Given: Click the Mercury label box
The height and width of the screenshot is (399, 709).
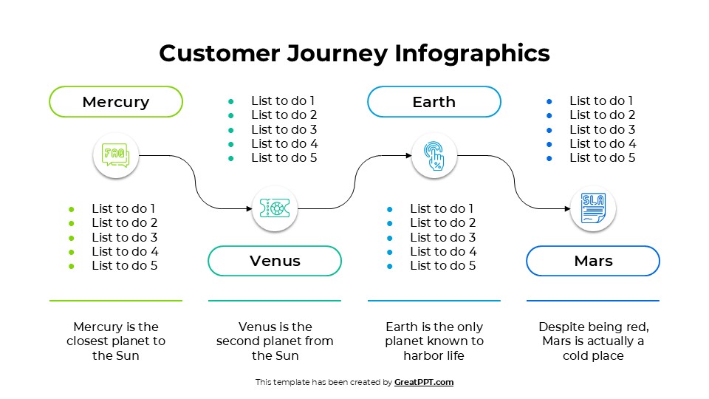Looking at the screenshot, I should pyautogui.click(x=116, y=102).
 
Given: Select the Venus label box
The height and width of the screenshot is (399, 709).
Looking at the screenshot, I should pyautogui.click(x=275, y=261).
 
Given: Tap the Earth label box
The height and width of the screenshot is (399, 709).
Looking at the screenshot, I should pyautogui.click(x=434, y=102).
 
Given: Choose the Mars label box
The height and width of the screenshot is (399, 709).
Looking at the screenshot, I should pyautogui.click(x=593, y=261).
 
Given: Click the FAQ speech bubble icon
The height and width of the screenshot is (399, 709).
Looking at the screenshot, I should pyautogui.click(x=116, y=155).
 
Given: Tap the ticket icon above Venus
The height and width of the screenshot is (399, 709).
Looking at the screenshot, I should pyautogui.click(x=275, y=209).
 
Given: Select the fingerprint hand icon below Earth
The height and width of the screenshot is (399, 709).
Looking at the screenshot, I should pyautogui.click(x=434, y=155).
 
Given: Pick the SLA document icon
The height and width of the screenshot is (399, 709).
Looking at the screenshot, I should pyautogui.click(x=593, y=209).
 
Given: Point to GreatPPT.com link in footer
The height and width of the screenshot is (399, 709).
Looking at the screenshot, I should pyautogui.click(x=424, y=382).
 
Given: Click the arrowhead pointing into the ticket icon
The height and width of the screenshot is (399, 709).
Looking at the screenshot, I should pyautogui.click(x=248, y=209).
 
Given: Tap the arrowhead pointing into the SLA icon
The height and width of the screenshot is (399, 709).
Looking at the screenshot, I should pyautogui.click(x=566, y=209).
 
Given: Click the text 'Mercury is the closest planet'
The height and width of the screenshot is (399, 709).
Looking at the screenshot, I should pyautogui.click(x=116, y=334).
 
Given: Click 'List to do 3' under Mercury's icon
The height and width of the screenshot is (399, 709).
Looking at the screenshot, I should pyautogui.click(x=124, y=237).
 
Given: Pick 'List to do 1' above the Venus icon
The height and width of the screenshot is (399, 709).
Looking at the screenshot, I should pyautogui.click(x=284, y=100).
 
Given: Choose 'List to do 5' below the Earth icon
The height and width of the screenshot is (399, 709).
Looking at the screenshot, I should pyautogui.click(x=442, y=265).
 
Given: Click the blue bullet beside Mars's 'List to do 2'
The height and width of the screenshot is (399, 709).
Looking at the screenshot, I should pyautogui.click(x=549, y=115).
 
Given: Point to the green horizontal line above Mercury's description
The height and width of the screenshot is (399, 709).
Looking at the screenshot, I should pyautogui.click(x=116, y=301).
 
